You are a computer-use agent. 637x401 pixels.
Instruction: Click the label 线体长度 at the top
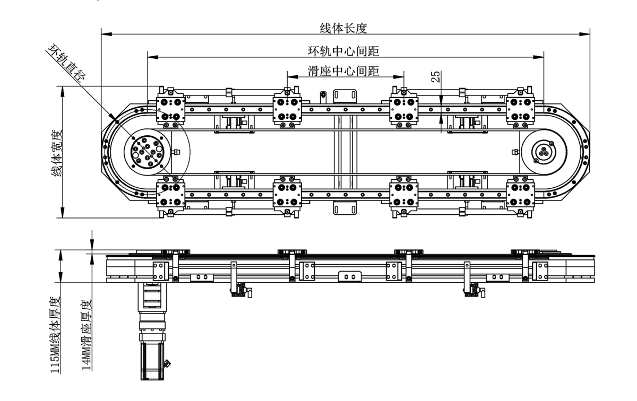coord(343,28)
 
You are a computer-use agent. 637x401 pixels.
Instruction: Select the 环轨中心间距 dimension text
coord(343,51)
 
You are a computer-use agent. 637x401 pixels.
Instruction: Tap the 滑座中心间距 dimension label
coord(343,71)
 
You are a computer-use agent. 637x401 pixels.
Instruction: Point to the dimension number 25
coord(435,76)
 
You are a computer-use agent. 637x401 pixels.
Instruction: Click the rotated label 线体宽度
coord(57,153)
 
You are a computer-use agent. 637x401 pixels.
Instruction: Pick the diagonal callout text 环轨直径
coord(66,63)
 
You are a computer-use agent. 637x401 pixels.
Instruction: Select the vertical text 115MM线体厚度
coord(55,335)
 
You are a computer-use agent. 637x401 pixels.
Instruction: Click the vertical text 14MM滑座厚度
coord(87,335)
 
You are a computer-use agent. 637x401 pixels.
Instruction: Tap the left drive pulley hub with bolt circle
coord(148,152)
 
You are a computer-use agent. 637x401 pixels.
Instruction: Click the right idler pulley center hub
coord(544,152)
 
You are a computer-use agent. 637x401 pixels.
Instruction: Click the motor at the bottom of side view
coord(152,360)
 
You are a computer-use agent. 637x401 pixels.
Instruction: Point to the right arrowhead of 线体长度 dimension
coord(584,34)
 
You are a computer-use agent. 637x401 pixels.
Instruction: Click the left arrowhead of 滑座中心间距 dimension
coord(292,77)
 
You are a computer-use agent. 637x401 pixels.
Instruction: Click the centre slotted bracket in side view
coord(350,276)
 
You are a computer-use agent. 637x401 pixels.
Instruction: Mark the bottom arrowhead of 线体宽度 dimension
coord(63,213)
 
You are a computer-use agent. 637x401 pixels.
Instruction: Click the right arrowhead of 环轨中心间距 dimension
coord(539,57)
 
